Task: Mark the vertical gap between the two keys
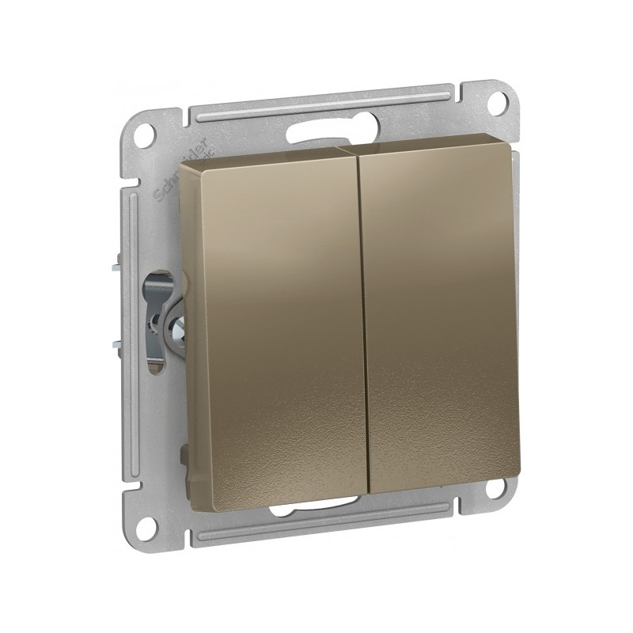(366, 316)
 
